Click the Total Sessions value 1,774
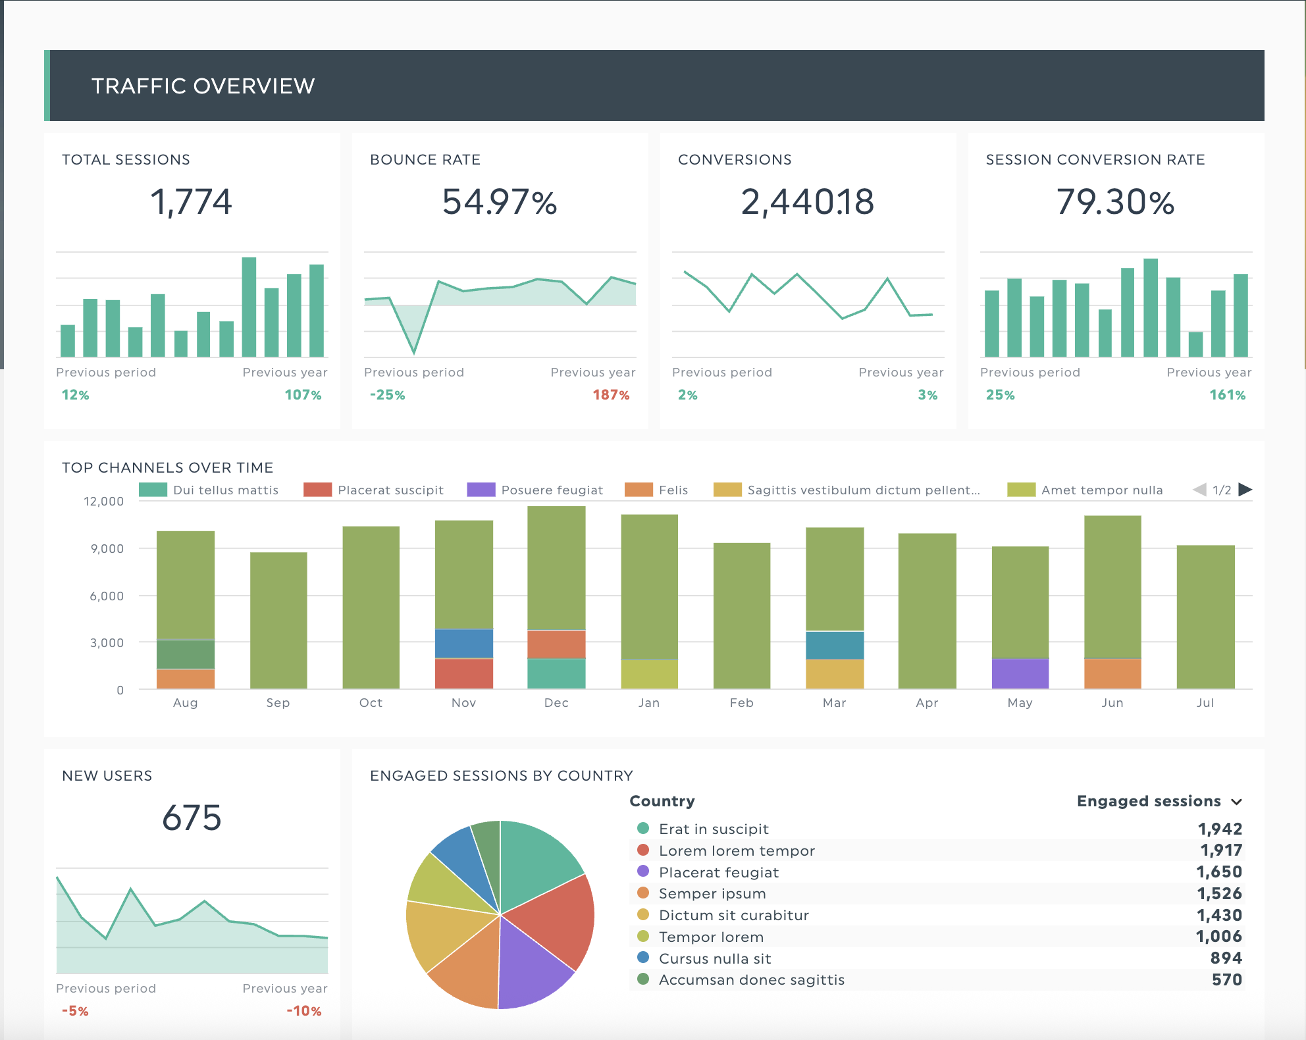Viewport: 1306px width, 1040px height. tap(191, 201)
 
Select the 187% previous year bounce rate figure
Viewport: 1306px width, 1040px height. tap(611, 395)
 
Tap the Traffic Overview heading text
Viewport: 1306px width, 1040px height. tap(203, 86)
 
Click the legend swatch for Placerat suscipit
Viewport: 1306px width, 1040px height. tap(317, 490)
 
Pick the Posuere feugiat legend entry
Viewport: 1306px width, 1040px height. tap(552, 490)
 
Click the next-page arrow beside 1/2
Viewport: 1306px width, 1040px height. tap(1245, 490)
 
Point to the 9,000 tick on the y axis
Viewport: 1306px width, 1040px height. tap(107, 548)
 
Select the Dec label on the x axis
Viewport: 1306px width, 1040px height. tap(556, 703)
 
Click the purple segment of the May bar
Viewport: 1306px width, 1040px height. tap(1020, 673)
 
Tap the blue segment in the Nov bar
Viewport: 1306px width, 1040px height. tap(463, 643)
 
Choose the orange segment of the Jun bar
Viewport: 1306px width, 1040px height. tap(1112, 673)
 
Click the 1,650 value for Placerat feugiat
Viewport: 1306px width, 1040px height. tap(1218, 872)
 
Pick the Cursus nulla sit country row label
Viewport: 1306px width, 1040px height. tap(714, 958)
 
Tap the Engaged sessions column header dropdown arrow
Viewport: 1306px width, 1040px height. tap(1237, 802)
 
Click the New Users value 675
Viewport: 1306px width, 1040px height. tap(192, 818)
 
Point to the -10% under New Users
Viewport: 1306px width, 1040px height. tap(303, 1011)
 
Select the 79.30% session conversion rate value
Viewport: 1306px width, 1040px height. tap(1115, 202)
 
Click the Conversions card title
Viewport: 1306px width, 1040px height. tap(735, 160)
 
